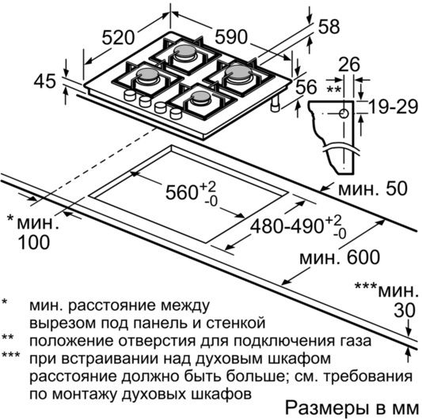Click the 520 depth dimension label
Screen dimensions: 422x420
click(x=118, y=37)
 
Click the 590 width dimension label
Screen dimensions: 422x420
click(x=231, y=37)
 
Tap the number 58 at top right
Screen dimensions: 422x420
click(x=329, y=27)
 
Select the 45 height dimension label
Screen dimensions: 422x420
click(x=44, y=81)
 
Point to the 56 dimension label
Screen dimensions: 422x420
click(x=306, y=86)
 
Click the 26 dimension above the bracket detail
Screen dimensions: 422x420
click(x=349, y=64)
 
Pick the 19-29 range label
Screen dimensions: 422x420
click(x=393, y=107)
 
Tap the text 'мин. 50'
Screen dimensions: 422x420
click(x=373, y=188)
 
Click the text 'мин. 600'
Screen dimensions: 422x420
click(x=340, y=257)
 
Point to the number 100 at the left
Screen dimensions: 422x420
click(x=33, y=242)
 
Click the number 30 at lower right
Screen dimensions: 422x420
click(x=405, y=311)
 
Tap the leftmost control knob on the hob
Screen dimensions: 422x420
click(x=130, y=95)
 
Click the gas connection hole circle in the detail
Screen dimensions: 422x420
click(x=344, y=114)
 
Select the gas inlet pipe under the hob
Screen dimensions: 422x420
click(x=275, y=104)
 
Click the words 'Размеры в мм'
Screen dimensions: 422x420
click(x=352, y=408)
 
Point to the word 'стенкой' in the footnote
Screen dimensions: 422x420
click(x=236, y=324)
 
